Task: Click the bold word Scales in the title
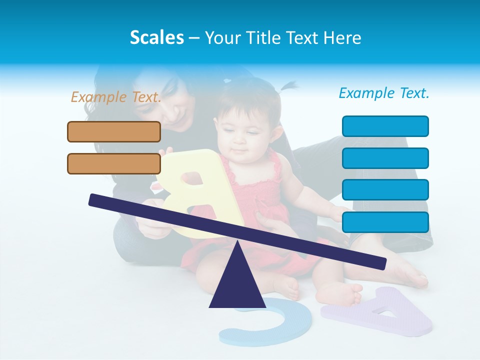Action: [x=156, y=37]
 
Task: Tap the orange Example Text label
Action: [x=116, y=97]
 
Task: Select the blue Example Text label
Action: [x=384, y=93]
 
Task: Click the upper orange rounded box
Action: [x=114, y=131]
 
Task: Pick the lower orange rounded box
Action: [x=114, y=163]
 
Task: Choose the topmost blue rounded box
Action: [x=385, y=126]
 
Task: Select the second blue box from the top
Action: [x=385, y=158]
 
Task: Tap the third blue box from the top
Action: [x=385, y=189]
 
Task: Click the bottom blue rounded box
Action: [x=385, y=222]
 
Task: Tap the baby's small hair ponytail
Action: [x=288, y=87]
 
